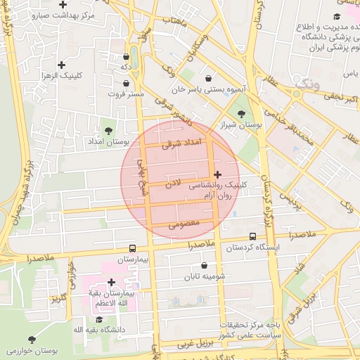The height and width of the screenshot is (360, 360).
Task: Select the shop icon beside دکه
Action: tap(126, 57)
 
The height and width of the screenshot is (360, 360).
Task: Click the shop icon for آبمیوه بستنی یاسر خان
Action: tap(208, 79)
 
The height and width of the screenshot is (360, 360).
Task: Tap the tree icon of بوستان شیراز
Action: tap(242, 113)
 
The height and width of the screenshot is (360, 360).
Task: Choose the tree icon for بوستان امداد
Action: tap(108, 130)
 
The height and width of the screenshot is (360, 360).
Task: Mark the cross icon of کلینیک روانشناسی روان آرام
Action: tap(217, 174)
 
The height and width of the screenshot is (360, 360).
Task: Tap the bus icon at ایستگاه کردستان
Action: tap(253, 237)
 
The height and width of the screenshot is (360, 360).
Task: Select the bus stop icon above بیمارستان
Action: tap(132, 248)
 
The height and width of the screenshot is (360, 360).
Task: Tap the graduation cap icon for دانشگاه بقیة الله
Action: tap(99, 320)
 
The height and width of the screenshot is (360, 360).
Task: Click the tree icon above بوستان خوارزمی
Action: tap(32, 339)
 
